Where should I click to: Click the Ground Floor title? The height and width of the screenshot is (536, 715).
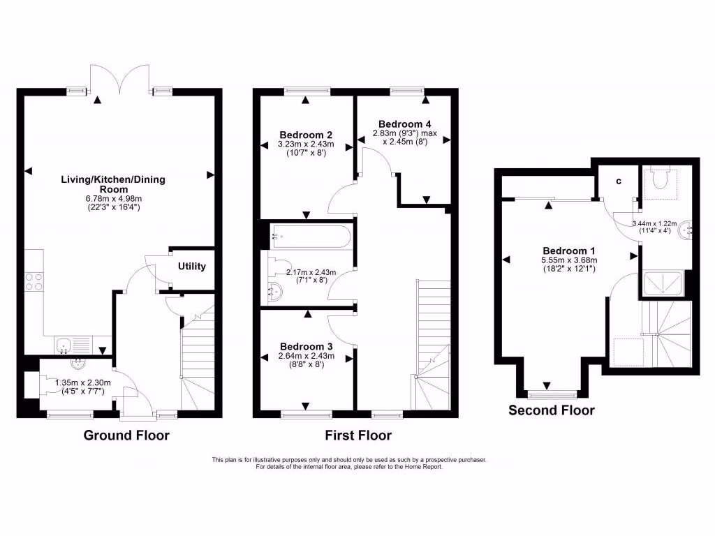point(126,435)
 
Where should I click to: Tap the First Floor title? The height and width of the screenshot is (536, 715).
point(358,435)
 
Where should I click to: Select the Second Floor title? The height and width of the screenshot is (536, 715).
point(552,410)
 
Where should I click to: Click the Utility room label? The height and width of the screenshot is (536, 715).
point(191,267)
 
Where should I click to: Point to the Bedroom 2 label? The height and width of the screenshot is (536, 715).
point(305,135)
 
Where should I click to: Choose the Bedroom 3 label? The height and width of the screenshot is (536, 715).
point(306,346)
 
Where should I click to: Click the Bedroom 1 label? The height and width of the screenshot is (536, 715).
point(569,251)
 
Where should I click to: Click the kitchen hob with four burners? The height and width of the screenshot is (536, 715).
point(34,281)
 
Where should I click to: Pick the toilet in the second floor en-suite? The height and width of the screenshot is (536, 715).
point(658,179)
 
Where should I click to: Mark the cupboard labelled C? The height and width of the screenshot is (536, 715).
point(618,182)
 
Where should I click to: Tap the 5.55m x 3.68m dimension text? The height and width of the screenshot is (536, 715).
point(569,260)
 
